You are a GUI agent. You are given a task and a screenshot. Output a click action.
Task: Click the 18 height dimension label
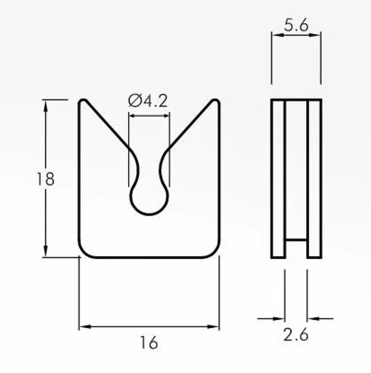click(x=46, y=179)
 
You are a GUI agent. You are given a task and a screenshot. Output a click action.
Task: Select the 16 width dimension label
click(x=149, y=343)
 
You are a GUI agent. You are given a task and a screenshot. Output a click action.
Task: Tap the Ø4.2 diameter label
click(x=148, y=101)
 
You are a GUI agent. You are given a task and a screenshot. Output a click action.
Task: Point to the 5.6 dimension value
click(x=296, y=25)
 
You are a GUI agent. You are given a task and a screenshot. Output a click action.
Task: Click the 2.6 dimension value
click(x=296, y=334)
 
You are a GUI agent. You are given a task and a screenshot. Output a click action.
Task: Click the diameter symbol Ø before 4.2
click(x=134, y=101)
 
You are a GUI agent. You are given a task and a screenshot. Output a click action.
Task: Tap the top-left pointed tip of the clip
click(x=83, y=100)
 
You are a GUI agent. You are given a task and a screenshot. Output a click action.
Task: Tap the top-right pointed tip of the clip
click(x=216, y=100)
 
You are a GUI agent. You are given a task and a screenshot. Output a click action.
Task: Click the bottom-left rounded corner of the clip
click(x=83, y=253)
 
